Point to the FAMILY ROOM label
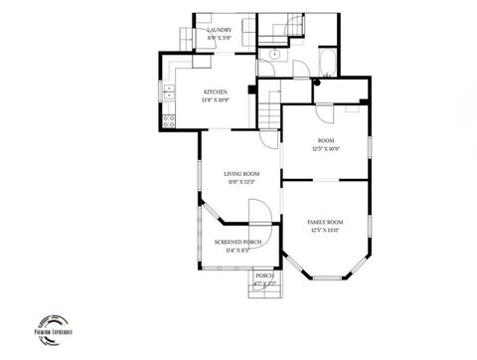pyautogui.click(x=325, y=221)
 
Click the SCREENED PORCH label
pyautogui.click(x=238, y=242)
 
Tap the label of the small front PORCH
pyautogui.click(x=264, y=275)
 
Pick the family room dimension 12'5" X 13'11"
pyautogui.click(x=325, y=229)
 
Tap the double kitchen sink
pyautogui.click(x=168, y=95)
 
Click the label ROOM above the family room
pyautogui.click(x=326, y=140)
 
